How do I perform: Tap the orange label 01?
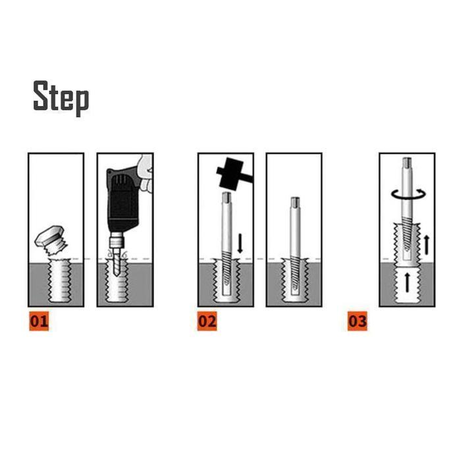38,322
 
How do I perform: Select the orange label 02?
207,322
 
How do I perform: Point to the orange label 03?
357,322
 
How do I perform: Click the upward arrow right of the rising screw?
426,244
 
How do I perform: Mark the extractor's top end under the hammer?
226,197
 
